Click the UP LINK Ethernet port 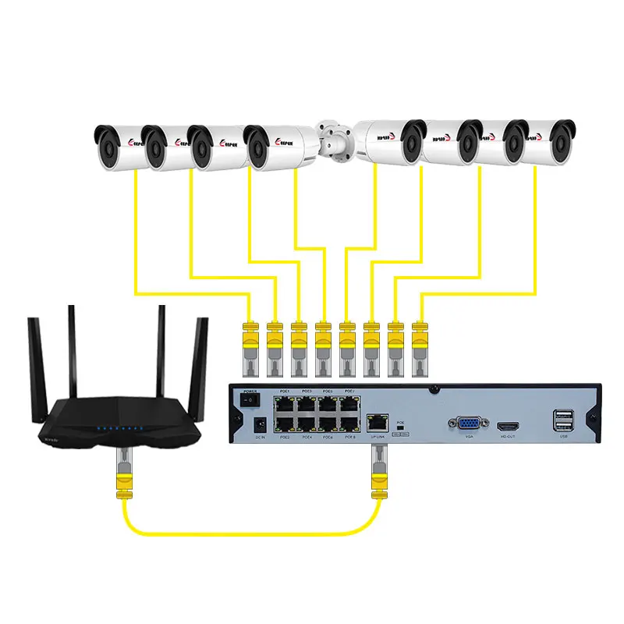pos(378,421)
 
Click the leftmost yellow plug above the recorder pos(250,340)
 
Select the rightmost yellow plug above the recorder pos(420,340)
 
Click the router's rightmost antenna pos(204,355)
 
